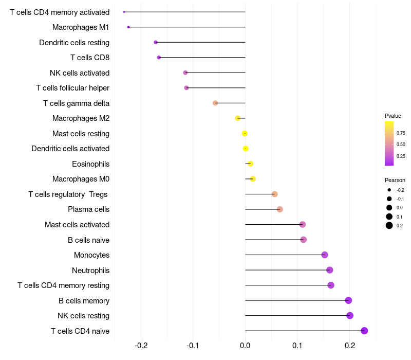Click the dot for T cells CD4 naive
tap(364, 331)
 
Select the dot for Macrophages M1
tap(128, 27)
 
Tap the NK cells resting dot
tap(350, 316)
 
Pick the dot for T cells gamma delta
tap(215, 103)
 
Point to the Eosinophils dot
tap(250, 164)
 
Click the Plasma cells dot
tap(279, 209)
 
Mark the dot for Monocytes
tap(325, 255)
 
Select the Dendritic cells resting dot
tap(156, 42)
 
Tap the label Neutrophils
tap(90, 270)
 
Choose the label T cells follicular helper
tap(72, 88)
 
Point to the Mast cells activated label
tap(77, 225)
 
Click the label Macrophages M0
tap(81, 179)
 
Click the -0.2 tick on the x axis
tap(141, 345)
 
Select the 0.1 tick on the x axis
tap(297, 345)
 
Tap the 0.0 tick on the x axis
tap(245, 345)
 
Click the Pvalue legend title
tap(393, 116)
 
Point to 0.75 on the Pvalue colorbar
tap(400, 133)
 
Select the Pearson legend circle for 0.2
tap(389, 225)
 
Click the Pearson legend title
tap(395, 180)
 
